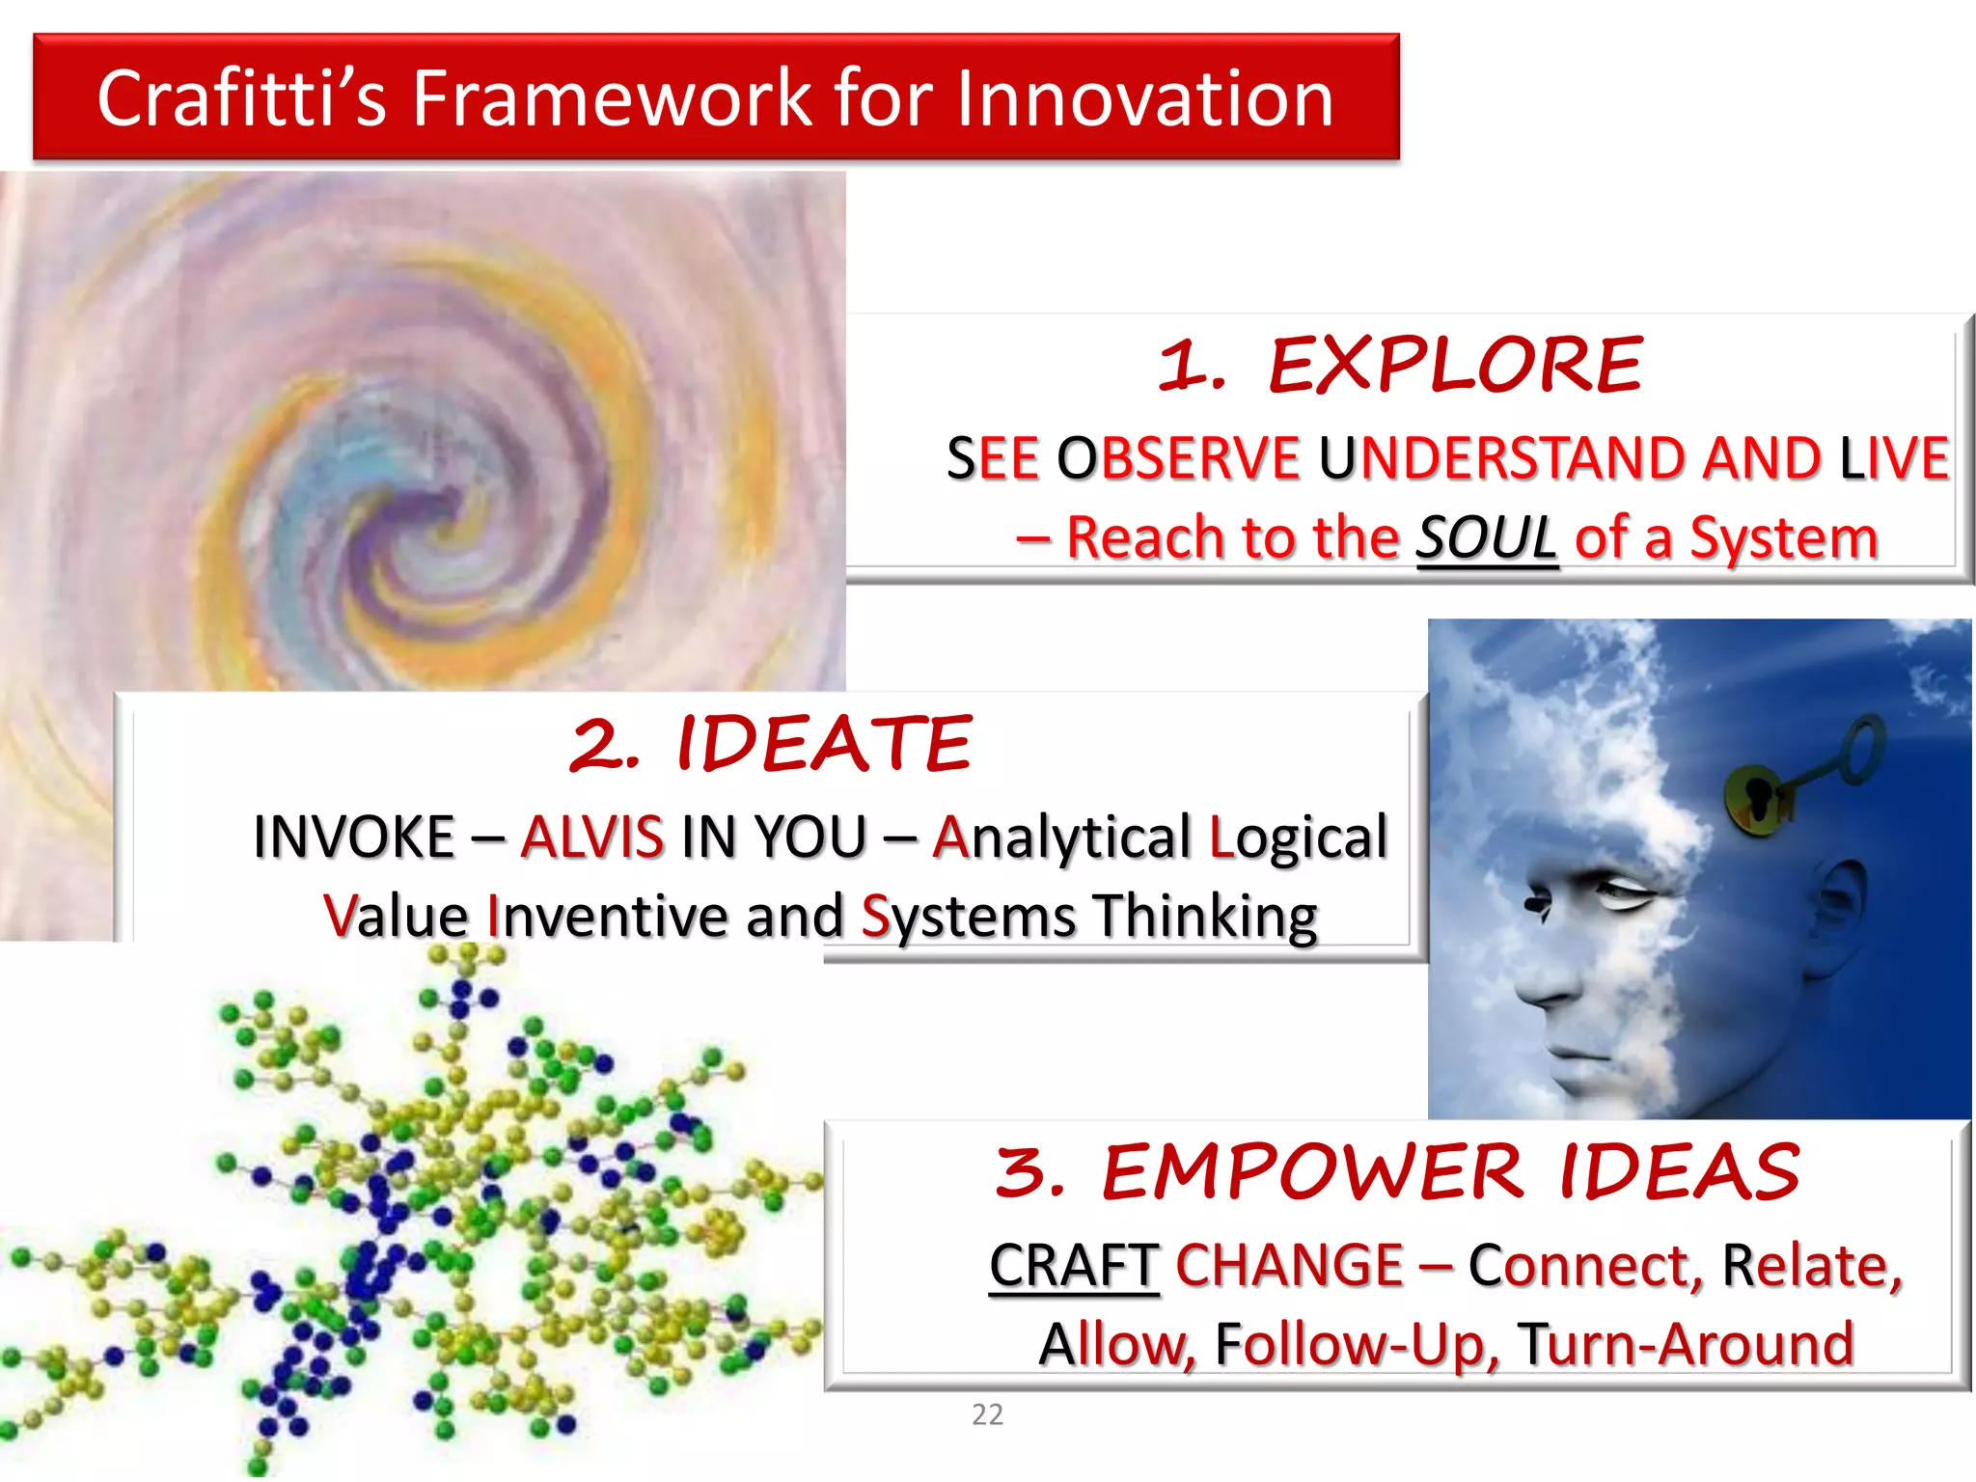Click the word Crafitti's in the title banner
(x=241, y=98)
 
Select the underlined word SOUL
(x=1486, y=537)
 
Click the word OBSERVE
(x=1178, y=457)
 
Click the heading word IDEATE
(x=824, y=744)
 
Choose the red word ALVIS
(x=591, y=837)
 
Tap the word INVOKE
(x=353, y=837)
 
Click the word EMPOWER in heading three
(x=1312, y=1172)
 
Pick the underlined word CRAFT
(x=1073, y=1266)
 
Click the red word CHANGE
(x=1289, y=1266)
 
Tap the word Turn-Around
(x=1685, y=1344)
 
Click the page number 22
(x=987, y=1414)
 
